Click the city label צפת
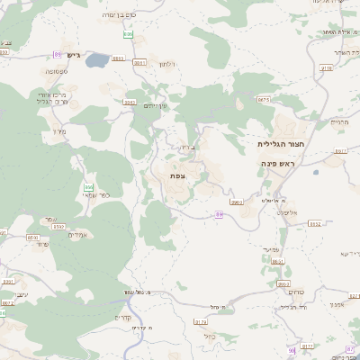point(177,175)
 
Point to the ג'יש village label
point(74,56)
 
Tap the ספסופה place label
point(59,70)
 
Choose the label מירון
point(60,132)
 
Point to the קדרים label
point(122,317)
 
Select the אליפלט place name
point(286,211)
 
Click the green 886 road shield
point(129,35)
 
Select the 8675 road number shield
point(263,100)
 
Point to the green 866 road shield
point(89,187)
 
